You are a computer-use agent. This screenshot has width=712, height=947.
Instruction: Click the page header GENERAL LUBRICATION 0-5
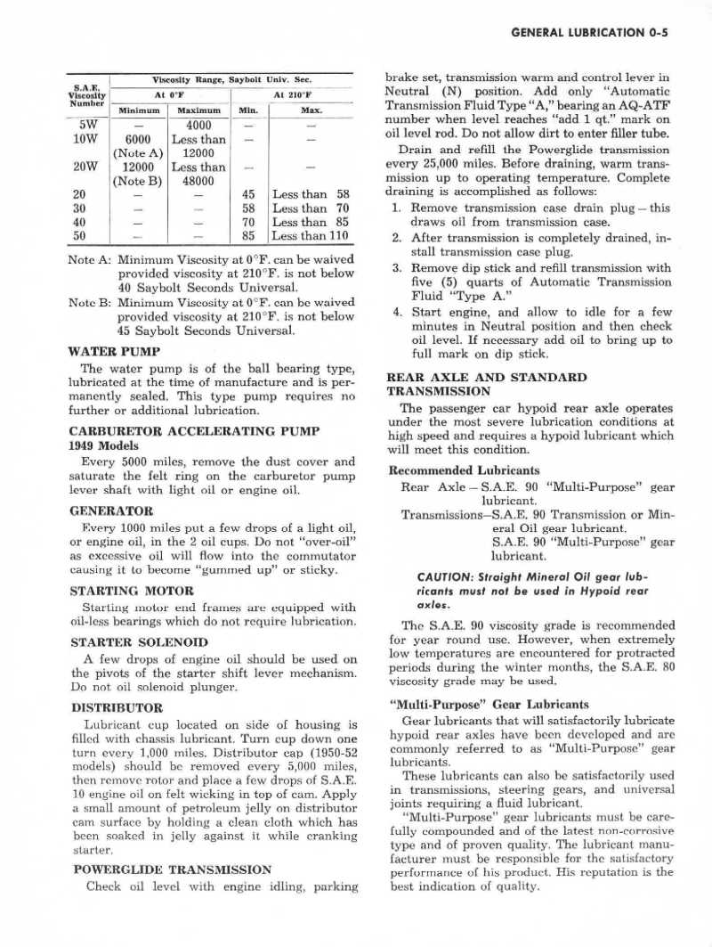591,34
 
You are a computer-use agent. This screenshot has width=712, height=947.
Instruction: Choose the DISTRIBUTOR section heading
117,708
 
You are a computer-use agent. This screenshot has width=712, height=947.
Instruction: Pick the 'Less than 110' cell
310,236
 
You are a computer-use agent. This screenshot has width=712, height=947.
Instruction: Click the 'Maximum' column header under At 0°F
198,111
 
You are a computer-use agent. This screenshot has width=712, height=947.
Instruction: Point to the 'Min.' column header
248,111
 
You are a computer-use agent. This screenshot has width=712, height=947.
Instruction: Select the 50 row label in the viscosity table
79,236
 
